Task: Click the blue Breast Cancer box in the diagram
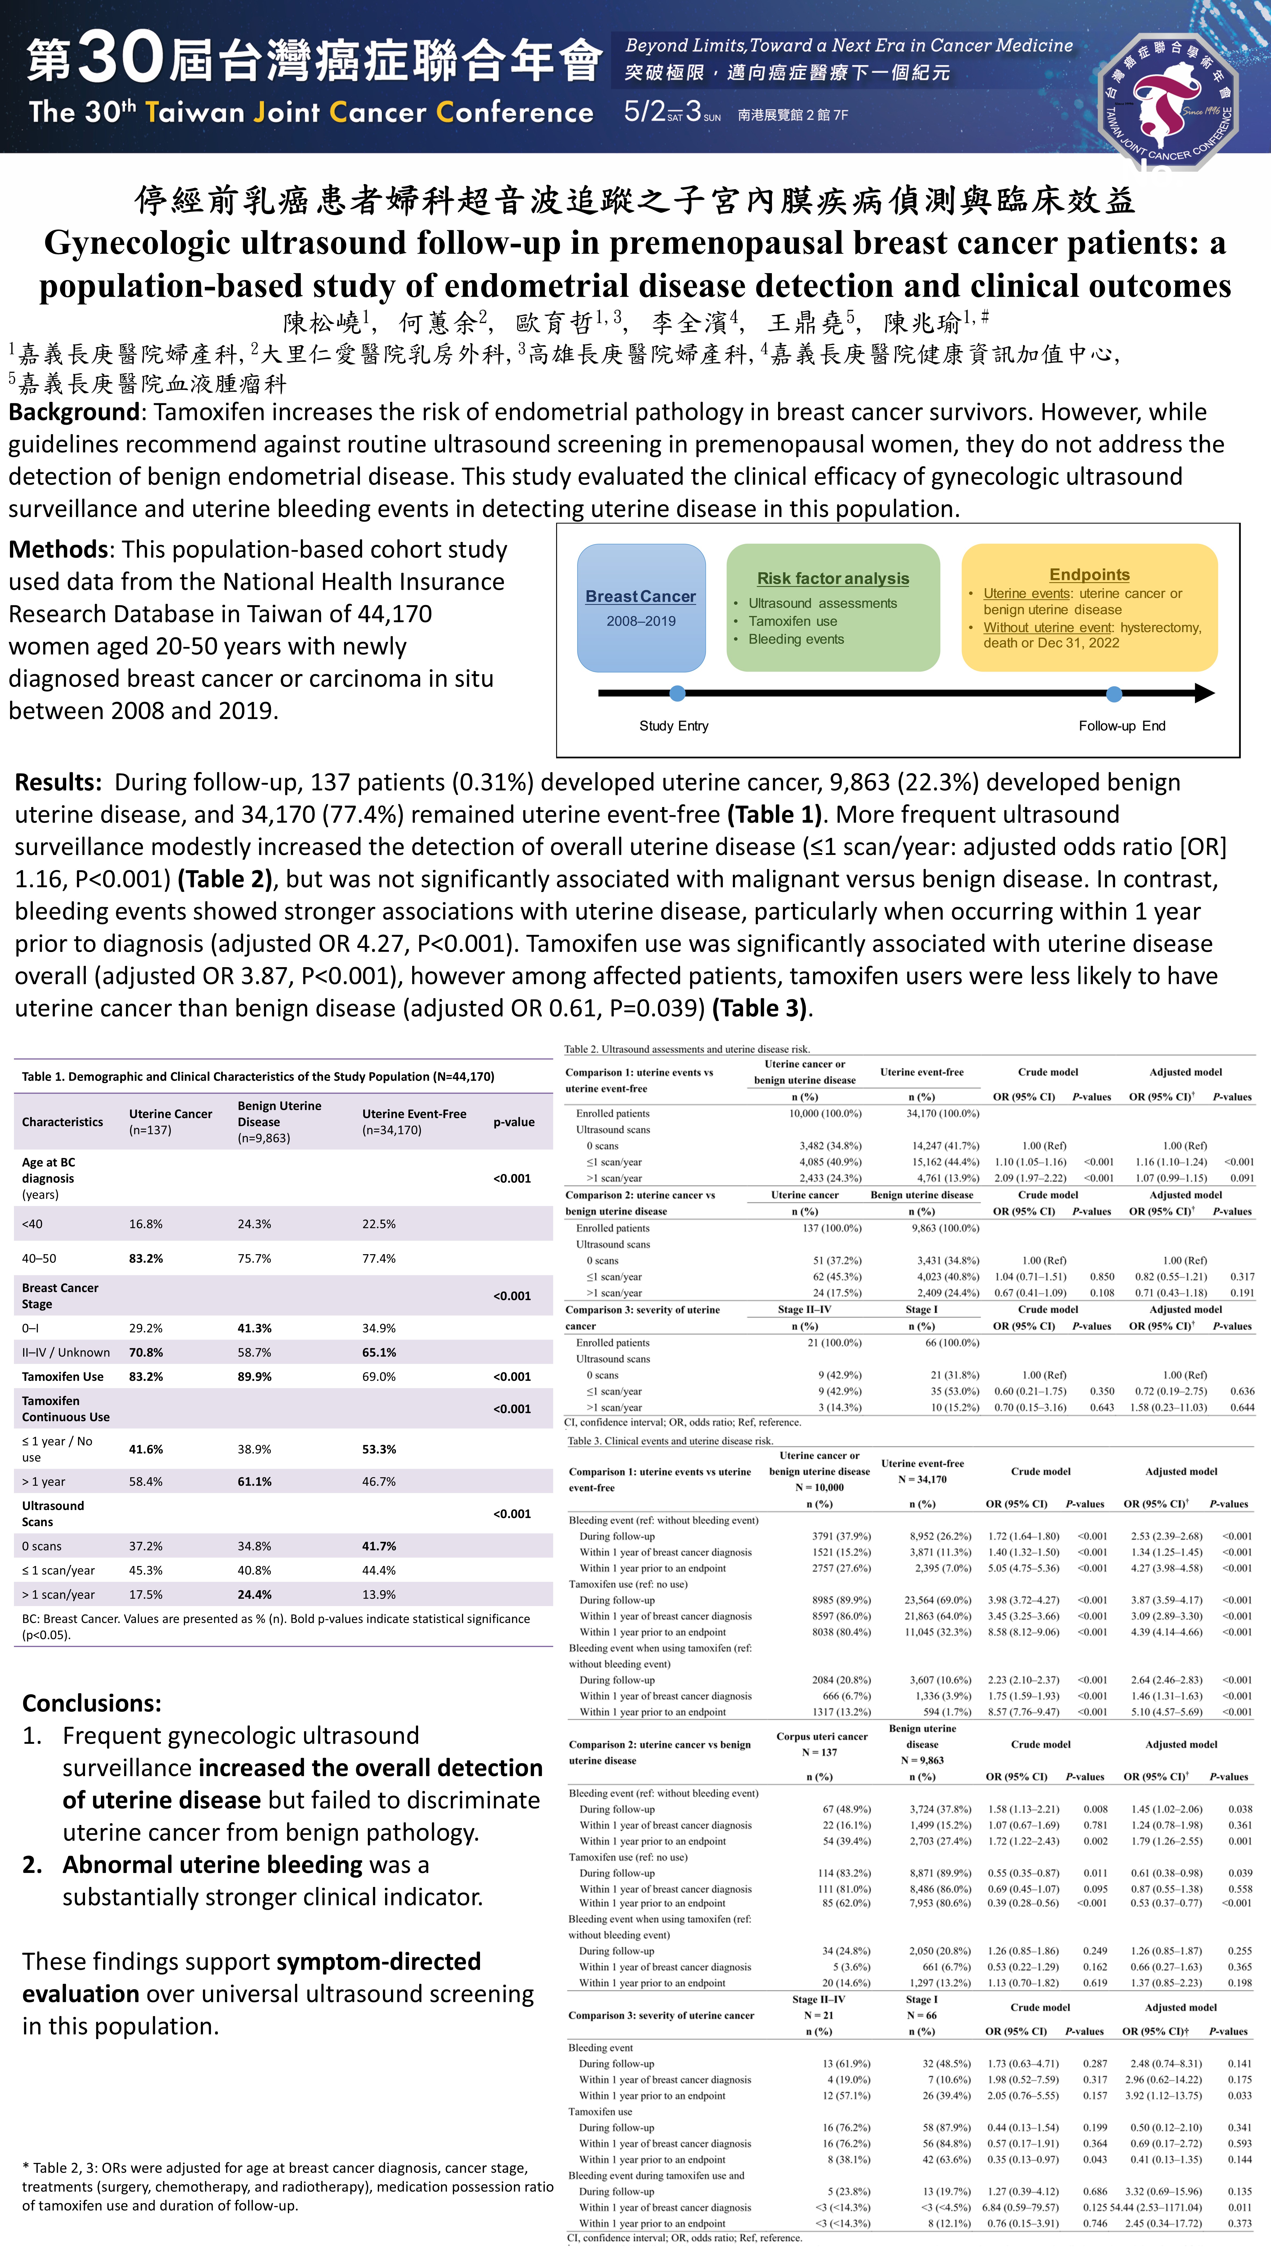click(641, 608)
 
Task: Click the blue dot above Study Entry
click(677, 694)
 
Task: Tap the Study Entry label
click(674, 726)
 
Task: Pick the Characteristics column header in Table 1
click(62, 1122)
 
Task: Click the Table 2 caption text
click(687, 1049)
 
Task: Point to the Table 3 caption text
click(670, 1441)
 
